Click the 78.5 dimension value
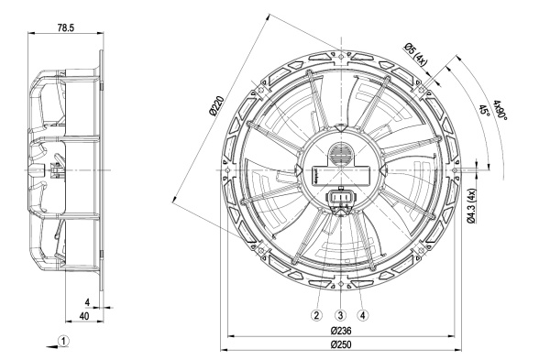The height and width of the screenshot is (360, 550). pos(66,27)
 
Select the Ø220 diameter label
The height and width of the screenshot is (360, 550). pos(215,106)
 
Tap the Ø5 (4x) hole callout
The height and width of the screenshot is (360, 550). pos(415,55)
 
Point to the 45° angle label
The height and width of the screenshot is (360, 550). pos(484,110)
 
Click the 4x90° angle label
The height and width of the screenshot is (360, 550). pos(500,110)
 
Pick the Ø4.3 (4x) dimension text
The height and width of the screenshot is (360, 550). pos(471,206)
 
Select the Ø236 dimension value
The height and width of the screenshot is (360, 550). pos(341,331)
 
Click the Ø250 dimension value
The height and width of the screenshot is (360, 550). pos(341,344)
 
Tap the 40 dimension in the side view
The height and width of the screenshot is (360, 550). pos(84,316)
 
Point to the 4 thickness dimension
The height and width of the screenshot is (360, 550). pos(87,302)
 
